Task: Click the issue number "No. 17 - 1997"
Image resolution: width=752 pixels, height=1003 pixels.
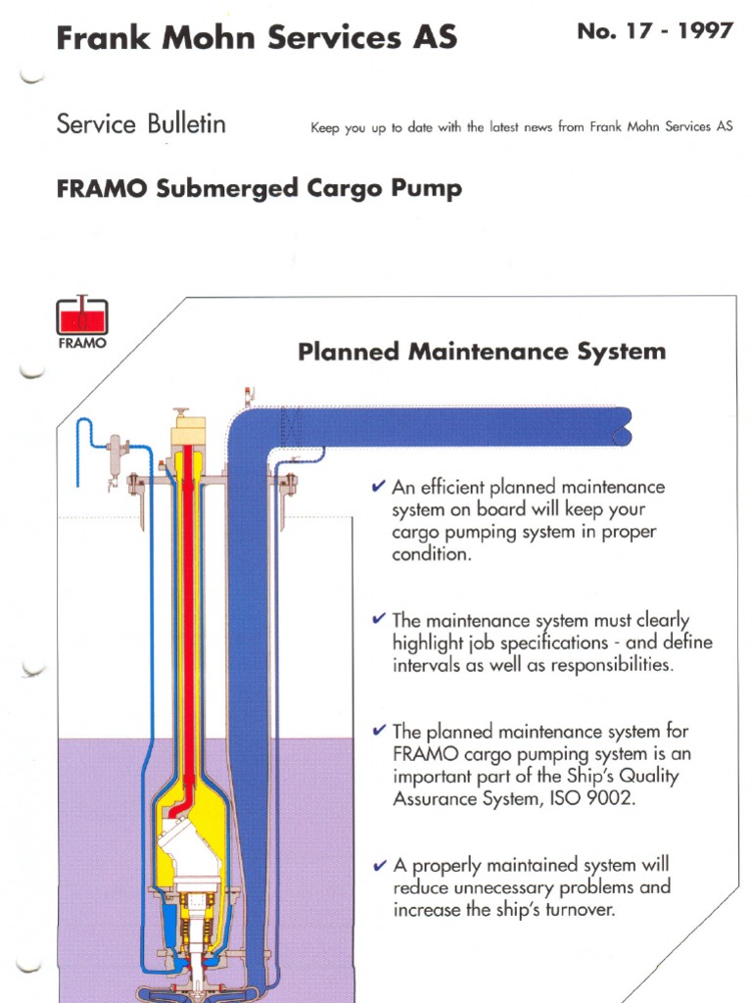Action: pyautogui.click(x=654, y=31)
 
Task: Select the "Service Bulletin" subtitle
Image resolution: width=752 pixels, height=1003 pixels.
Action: pyautogui.click(x=141, y=124)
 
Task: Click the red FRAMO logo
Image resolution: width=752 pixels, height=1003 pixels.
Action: pyautogui.click(x=82, y=319)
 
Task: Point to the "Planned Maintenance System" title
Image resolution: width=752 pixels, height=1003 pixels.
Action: pyautogui.click(x=481, y=351)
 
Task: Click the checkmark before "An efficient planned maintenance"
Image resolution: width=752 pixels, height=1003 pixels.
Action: pyautogui.click(x=378, y=486)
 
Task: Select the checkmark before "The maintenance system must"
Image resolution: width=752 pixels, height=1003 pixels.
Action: pyautogui.click(x=378, y=619)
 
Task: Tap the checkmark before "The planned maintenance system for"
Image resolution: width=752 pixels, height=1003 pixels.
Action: pyautogui.click(x=378, y=730)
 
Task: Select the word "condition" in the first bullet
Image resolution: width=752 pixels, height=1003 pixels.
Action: pyautogui.click(x=431, y=553)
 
